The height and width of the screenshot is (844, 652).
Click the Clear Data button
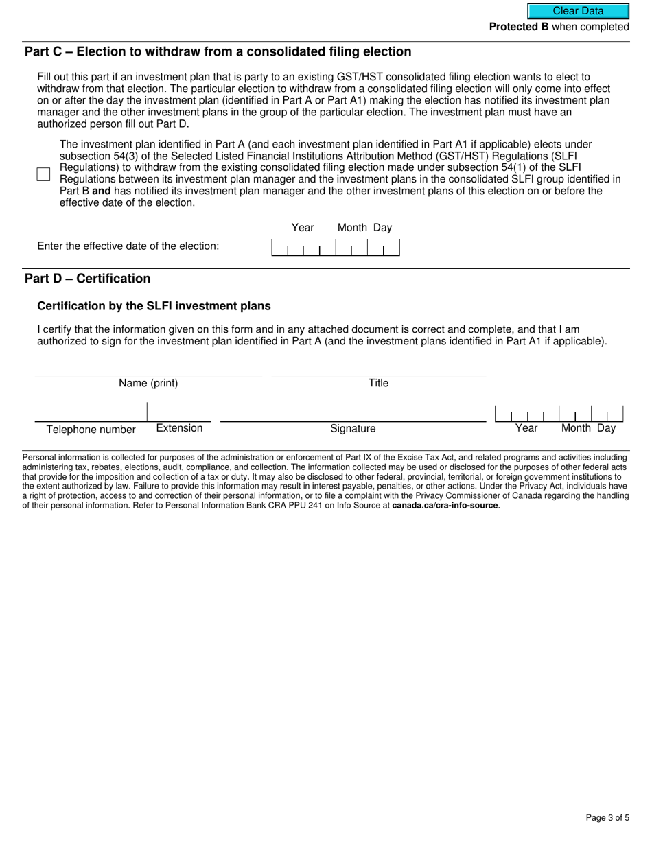tap(578, 11)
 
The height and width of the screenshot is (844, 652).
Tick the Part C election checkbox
tap(44, 174)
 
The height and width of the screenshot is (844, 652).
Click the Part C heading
tap(218, 52)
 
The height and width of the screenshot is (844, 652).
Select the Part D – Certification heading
tap(87, 279)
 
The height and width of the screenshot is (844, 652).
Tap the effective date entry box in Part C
tap(336, 247)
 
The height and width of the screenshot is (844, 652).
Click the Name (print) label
tap(148, 384)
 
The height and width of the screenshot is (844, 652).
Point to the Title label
tap(378, 384)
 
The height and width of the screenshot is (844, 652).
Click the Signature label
tap(353, 429)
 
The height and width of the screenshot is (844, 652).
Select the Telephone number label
tap(91, 430)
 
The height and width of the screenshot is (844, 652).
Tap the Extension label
tap(179, 428)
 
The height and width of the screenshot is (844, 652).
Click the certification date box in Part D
tap(559, 414)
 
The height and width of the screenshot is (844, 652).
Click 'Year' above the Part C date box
tap(303, 228)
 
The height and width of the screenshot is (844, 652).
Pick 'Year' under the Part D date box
tap(526, 428)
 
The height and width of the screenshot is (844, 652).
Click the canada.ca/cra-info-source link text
tap(445, 506)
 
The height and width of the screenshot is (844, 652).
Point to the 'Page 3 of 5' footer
tap(607, 817)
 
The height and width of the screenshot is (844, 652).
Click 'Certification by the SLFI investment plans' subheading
tap(154, 306)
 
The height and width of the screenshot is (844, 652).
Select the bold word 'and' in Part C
tap(102, 191)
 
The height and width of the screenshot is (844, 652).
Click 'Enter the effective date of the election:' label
tap(128, 246)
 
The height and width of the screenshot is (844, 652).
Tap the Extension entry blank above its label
tap(179, 412)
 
